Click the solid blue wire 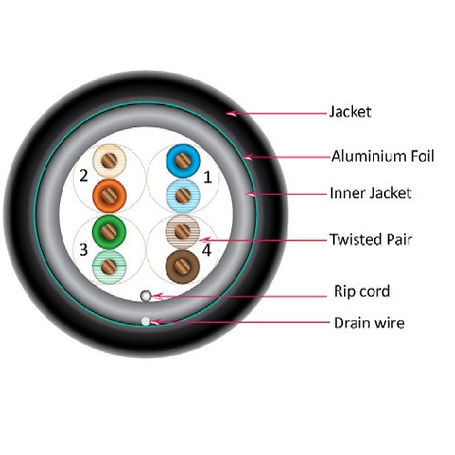183,161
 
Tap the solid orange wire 109,196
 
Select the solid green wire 109,232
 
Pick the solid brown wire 183,267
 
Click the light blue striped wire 183,196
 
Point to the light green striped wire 109,267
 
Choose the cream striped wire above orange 109,161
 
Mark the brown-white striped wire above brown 183,232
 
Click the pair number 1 207,177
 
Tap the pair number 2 84,176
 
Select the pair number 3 84,249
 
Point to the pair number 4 207,250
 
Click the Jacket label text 350,112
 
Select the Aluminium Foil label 383,156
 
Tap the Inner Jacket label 370,193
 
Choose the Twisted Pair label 370,239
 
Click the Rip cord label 362,291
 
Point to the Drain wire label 369,323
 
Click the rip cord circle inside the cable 146,296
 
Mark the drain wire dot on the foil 146,321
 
